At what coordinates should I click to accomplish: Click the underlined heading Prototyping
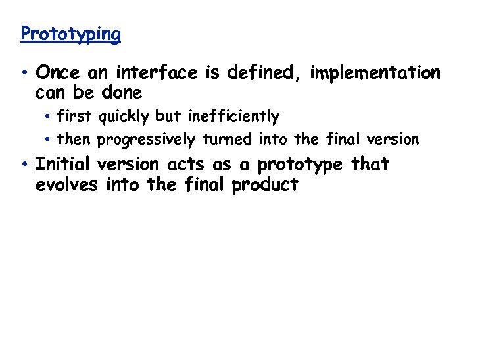tap(70, 34)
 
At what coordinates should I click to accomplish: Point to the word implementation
tap(375, 72)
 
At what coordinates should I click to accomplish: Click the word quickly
tap(125, 117)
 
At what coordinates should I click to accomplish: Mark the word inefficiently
tap(233, 117)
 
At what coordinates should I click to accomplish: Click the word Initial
tap(62, 164)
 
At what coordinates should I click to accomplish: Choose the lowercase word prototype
tap(300, 165)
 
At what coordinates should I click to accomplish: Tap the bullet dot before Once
tap(24, 72)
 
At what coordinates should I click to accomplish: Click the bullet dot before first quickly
tap(49, 117)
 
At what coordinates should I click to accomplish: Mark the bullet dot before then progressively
tap(49, 140)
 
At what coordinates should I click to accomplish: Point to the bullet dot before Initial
tap(24, 164)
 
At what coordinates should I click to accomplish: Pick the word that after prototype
tap(370, 164)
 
